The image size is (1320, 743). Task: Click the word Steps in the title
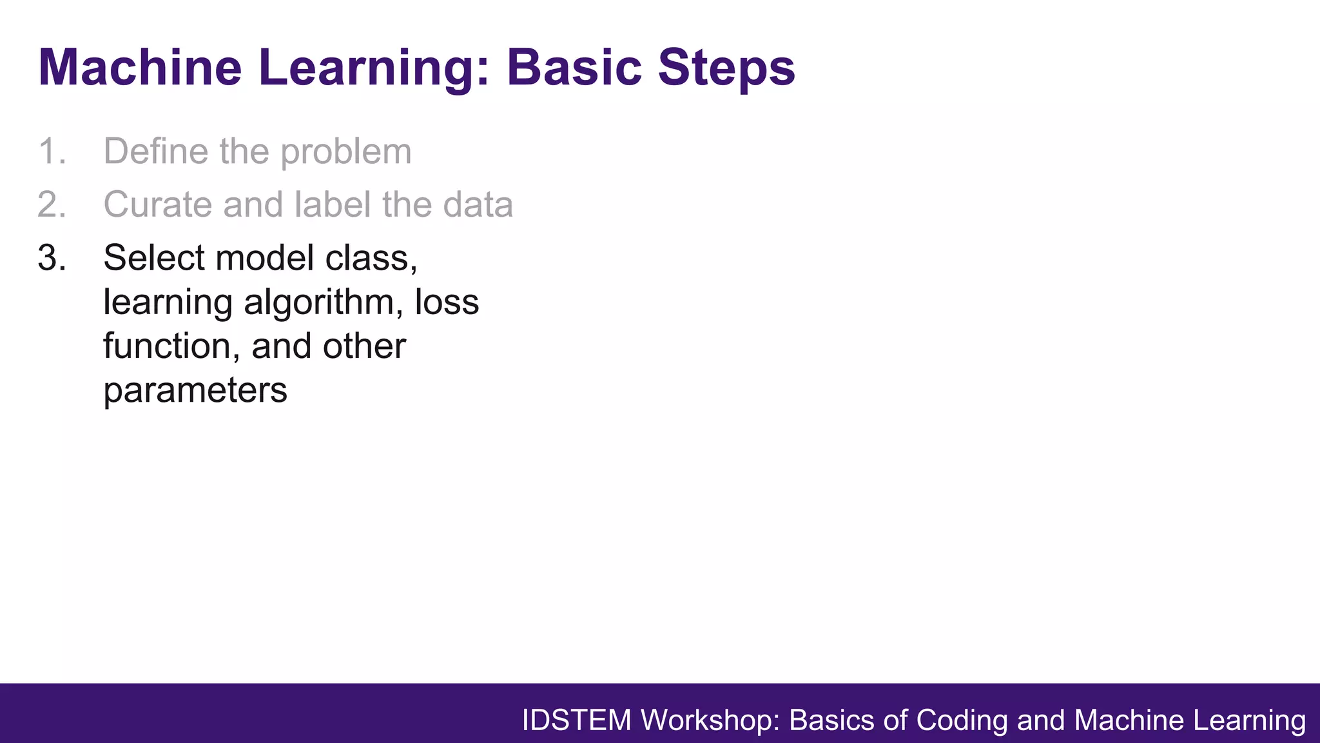pos(726,67)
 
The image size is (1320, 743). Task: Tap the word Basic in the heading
pos(574,67)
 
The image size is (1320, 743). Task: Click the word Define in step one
pos(155,152)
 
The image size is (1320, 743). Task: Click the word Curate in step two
pos(157,205)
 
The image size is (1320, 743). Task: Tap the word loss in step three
pos(447,302)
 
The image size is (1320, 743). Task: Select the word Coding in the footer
pos(962,720)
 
